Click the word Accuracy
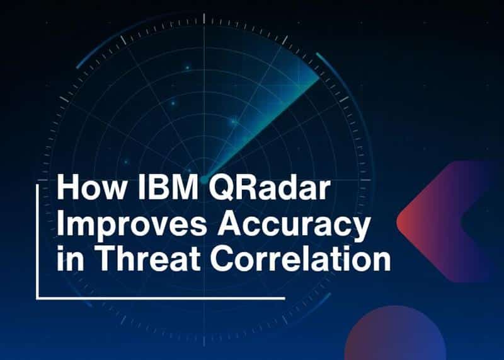pyautogui.click(x=283, y=226)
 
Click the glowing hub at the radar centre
pyautogui.click(x=203, y=178)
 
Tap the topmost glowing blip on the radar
pyautogui.click(x=187, y=67)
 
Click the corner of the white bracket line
pyautogui.click(x=38, y=297)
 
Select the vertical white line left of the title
pyautogui.click(x=38, y=240)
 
